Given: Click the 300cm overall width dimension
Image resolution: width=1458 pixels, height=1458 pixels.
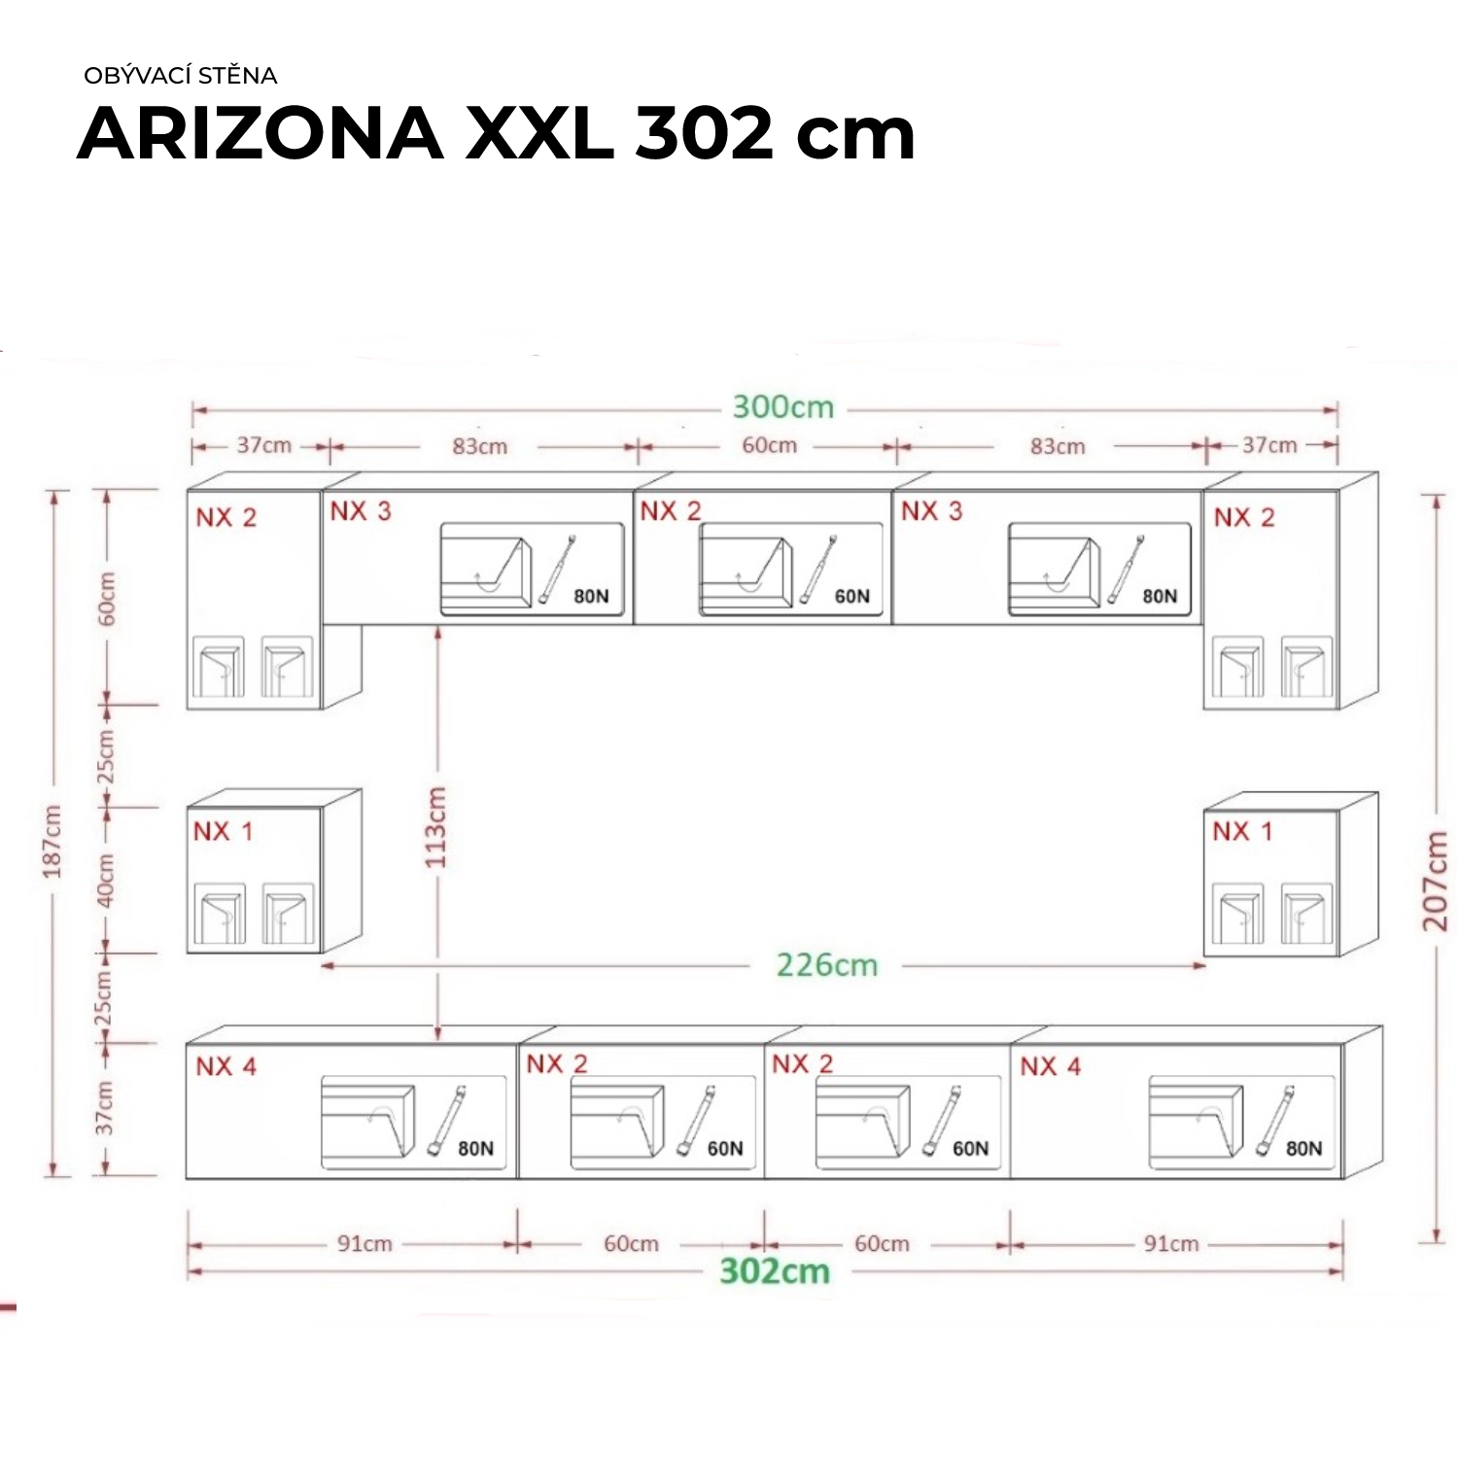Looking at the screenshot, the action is pos(783,406).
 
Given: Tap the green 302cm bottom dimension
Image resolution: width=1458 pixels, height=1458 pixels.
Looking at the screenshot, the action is pos(775,1271).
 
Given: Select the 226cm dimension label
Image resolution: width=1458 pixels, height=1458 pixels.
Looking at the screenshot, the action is pos(827,965).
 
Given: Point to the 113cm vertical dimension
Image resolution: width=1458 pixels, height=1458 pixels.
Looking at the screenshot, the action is pos(435,827).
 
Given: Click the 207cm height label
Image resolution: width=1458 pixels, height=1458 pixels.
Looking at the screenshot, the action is pos(1436,882).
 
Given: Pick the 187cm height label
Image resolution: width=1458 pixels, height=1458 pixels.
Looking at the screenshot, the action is pos(52,842).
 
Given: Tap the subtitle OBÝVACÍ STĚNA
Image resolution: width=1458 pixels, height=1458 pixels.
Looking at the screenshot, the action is pos(181,76).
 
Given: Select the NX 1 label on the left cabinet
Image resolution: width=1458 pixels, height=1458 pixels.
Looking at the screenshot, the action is pos(223,832).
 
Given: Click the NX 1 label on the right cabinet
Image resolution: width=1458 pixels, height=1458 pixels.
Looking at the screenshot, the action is pos(1242,832).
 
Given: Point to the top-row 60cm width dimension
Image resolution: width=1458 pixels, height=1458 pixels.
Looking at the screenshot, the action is pos(770,445).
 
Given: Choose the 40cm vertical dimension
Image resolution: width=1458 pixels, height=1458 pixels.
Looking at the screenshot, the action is pos(106,880).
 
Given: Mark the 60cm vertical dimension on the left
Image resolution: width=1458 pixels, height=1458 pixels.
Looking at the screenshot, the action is pos(107,599).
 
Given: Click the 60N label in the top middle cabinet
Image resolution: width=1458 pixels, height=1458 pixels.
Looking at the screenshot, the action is pos(852,597).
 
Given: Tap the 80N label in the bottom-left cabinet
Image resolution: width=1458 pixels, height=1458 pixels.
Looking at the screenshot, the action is pos(475,1149).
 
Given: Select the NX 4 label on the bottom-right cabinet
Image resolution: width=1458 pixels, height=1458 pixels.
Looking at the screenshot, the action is pos(1050,1067).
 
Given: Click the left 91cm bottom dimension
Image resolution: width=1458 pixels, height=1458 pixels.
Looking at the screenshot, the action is pos(364,1244).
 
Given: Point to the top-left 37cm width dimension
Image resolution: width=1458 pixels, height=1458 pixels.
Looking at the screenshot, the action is pos(264,445).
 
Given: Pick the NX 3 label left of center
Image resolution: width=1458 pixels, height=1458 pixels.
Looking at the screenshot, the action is pos(361,511).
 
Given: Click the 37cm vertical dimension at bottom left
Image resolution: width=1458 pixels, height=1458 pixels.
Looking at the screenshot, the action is pos(105,1108).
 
